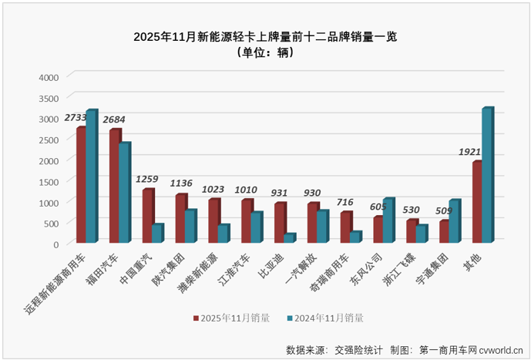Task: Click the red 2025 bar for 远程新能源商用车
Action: [x=80, y=185]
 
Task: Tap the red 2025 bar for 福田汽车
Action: [x=114, y=187]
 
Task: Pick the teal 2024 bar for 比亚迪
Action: [x=289, y=239]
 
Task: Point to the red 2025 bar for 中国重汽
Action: [x=147, y=216]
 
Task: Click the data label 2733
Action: [x=76, y=118]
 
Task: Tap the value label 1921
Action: [x=471, y=152]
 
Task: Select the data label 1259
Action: [x=146, y=180]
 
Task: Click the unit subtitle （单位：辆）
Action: [x=265, y=52]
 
